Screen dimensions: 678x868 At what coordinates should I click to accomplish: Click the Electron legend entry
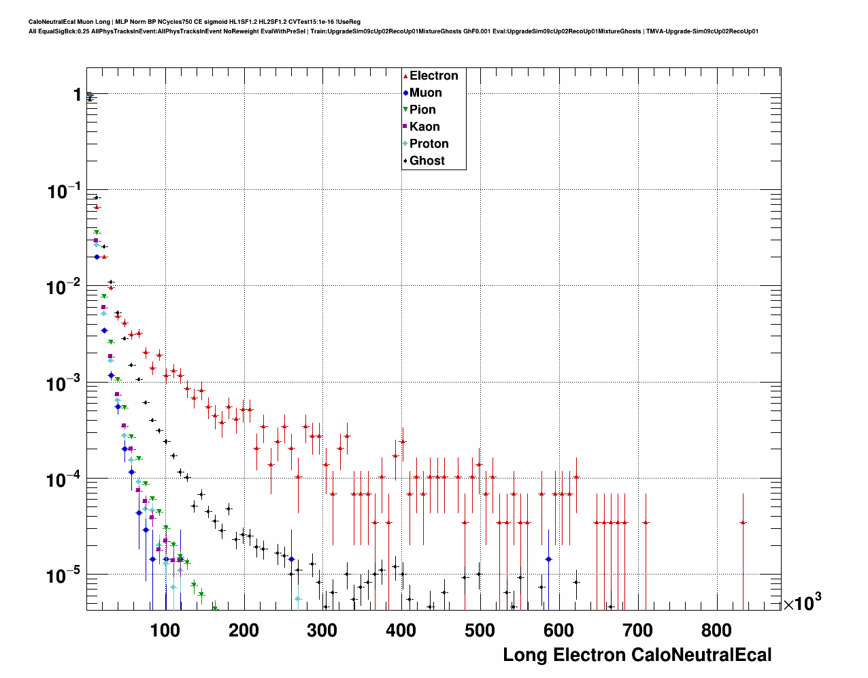tap(433, 76)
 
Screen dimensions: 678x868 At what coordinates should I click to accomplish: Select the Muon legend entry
tap(425, 93)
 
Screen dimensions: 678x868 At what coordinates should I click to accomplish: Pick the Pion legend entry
tap(422, 110)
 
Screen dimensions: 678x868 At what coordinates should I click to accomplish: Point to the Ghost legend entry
tap(427, 161)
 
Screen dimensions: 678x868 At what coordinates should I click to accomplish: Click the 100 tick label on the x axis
tap(165, 630)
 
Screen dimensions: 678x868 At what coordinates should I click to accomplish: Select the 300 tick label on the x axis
tap(322, 630)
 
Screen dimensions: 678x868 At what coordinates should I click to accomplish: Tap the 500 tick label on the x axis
tap(480, 630)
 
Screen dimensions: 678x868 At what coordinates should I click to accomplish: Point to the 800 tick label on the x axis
tap(716, 630)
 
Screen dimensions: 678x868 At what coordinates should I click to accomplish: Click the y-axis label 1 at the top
tap(78, 95)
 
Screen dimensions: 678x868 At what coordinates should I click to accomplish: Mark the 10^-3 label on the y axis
tap(64, 383)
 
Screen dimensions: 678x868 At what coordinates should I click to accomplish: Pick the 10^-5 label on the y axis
tap(64, 576)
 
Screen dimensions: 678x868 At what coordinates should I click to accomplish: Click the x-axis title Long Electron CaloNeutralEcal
tap(637, 656)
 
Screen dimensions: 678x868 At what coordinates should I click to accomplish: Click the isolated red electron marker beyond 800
tap(743, 522)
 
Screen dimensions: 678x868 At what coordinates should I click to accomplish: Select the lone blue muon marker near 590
tap(548, 559)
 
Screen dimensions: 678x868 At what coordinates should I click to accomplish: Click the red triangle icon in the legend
tap(405, 76)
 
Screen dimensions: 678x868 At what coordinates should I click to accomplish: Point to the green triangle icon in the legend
tap(405, 110)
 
